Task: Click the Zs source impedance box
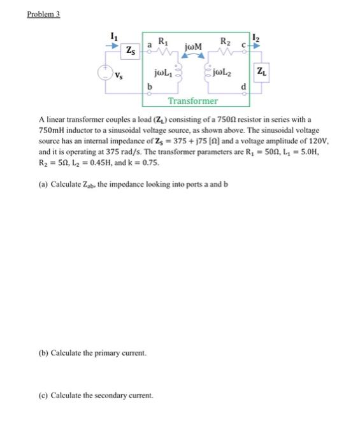131,49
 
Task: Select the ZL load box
261,72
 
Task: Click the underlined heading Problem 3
43,15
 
